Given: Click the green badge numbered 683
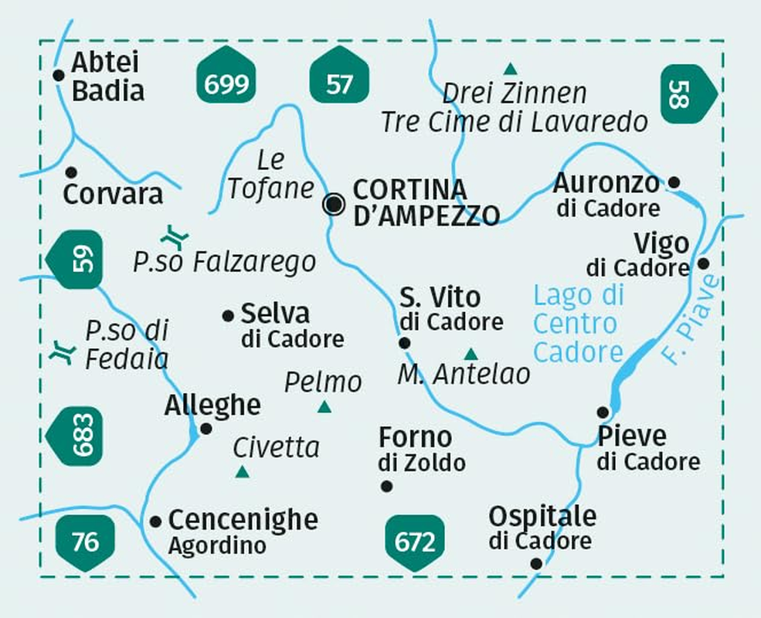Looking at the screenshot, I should [75, 435].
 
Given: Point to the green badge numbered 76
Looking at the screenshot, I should [85, 542].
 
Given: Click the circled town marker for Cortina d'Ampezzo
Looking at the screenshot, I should [335, 204].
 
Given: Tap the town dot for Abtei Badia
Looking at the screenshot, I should [58, 75].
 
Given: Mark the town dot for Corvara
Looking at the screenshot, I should [71, 171].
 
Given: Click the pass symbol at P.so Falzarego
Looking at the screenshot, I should [175, 235].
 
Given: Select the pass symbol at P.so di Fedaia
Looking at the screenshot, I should [60, 352].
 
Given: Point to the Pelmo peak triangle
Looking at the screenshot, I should [324, 406].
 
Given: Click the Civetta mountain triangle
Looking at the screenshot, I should [242, 471].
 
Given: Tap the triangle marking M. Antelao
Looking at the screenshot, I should [471, 354].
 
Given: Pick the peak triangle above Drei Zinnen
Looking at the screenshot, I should [510, 69].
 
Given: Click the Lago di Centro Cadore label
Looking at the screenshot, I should [578, 324].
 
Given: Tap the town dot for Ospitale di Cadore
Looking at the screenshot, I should [536, 563].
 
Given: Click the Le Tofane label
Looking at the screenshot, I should [271, 175].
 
